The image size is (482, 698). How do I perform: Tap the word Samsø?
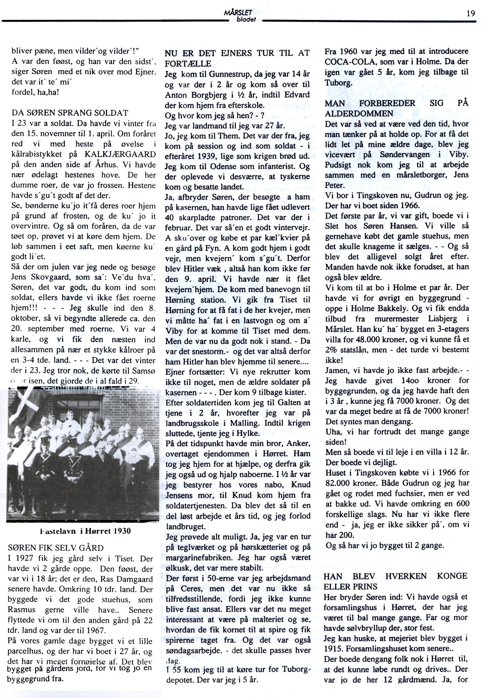145,371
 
